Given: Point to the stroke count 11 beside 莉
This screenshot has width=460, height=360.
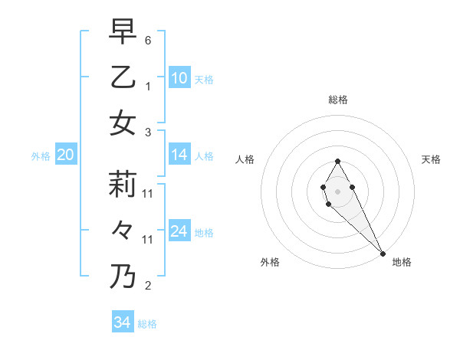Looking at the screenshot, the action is pyautogui.click(x=148, y=193).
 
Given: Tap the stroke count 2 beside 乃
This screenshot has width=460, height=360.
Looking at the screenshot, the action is pyautogui.click(x=148, y=286).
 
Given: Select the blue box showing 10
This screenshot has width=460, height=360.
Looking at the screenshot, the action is pyautogui.click(x=179, y=77).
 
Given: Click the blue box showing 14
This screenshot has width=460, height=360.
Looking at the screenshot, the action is pyautogui.click(x=179, y=155).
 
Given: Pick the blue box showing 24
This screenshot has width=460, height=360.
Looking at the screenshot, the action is pyautogui.click(x=179, y=231).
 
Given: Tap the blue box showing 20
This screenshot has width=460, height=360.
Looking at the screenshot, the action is pyautogui.click(x=65, y=155).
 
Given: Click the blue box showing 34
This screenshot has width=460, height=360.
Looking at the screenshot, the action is pyautogui.click(x=122, y=322).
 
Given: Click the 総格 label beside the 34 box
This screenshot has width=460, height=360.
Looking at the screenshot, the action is pyautogui.click(x=147, y=324).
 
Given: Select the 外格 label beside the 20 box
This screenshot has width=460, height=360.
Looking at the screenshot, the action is pyautogui.click(x=41, y=156).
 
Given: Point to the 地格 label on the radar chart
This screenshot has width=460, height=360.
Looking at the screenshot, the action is pyautogui.click(x=402, y=263).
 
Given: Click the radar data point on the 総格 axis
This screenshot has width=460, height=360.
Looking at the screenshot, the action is pyautogui.click(x=337, y=161).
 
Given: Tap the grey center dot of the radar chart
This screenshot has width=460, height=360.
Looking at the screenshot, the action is pyautogui.click(x=337, y=191).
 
